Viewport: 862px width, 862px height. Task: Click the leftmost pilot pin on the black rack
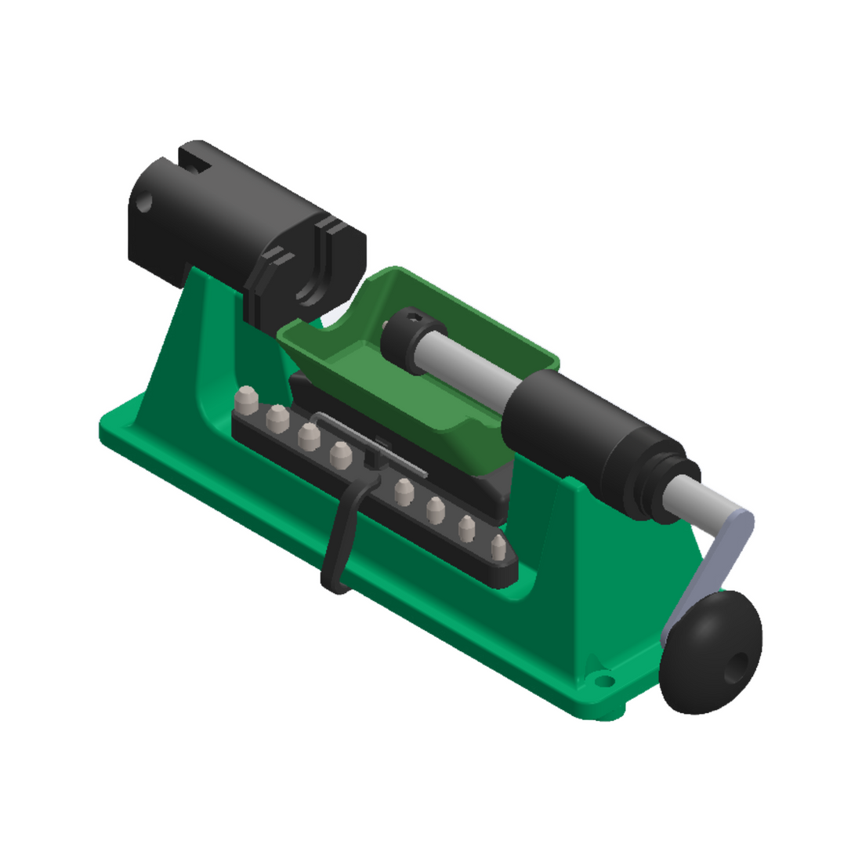[x=248, y=400]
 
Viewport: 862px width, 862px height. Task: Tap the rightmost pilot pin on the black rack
[x=498, y=549]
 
